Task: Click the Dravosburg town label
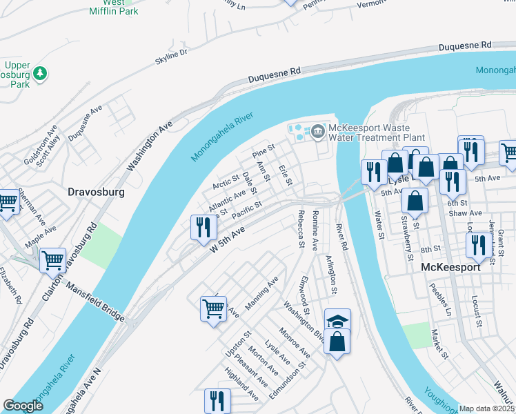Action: (x=96, y=193)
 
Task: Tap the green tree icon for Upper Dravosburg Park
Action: (x=41, y=72)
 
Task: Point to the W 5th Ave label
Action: (x=228, y=246)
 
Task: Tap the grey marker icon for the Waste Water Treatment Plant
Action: (x=318, y=130)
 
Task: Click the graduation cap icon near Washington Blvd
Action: (x=337, y=321)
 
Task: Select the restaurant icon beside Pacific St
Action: (x=204, y=227)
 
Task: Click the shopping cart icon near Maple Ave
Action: (x=53, y=261)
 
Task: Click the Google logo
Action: (x=23, y=406)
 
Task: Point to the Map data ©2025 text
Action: (x=486, y=408)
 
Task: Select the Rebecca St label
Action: (x=301, y=228)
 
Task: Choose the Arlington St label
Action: (x=331, y=275)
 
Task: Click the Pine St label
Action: (x=264, y=150)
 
